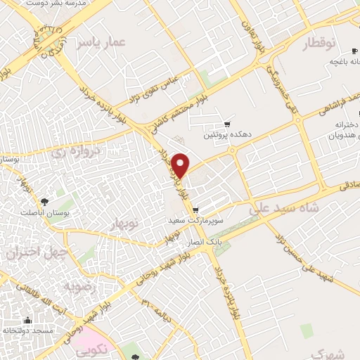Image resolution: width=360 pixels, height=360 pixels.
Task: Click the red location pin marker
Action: [x=181, y=165]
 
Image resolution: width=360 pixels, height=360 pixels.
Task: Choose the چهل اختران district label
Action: [x=37, y=252]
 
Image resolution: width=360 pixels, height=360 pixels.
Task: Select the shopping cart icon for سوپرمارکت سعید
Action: [x=195, y=209]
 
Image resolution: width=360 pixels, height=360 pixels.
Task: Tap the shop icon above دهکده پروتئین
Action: [x=225, y=124]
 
